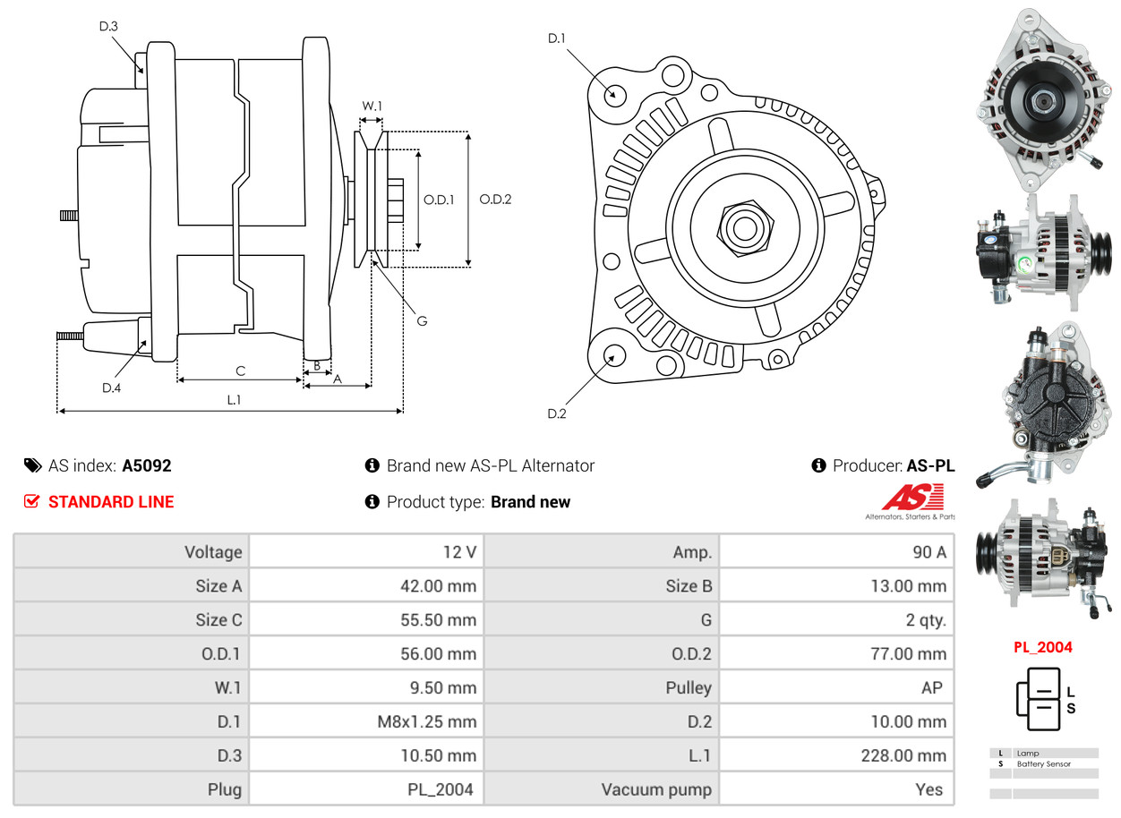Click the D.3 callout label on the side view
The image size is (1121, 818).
[x=108, y=27]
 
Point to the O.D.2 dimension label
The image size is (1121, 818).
[x=495, y=200]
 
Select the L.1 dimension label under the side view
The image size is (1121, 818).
[x=233, y=400]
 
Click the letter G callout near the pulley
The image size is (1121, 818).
[x=422, y=320]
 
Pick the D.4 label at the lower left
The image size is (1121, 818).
[x=111, y=388]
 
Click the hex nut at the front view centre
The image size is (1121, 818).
[x=742, y=226]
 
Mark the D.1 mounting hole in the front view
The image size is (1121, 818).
[x=614, y=94]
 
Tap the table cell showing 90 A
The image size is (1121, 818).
[x=928, y=552]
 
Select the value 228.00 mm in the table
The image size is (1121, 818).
[x=903, y=755]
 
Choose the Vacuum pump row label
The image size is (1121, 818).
[x=656, y=789]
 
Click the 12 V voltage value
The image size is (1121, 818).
[x=459, y=552]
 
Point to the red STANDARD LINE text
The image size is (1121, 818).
[x=111, y=502]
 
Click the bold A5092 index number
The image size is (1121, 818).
[x=147, y=465]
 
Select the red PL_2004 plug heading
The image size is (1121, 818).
[x=1043, y=647]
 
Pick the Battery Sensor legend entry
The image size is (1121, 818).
[x=1043, y=764]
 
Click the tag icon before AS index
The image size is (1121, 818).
[x=32, y=465]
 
